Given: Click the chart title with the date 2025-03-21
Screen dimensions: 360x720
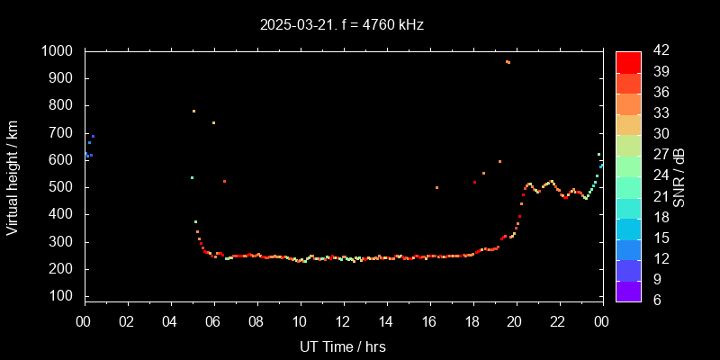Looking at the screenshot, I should pyautogui.click(x=341, y=25).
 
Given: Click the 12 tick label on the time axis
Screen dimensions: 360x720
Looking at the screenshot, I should pyautogui.click(x=342, y=321).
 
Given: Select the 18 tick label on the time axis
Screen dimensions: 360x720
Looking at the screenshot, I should pyautogui.click(x=472, y=321).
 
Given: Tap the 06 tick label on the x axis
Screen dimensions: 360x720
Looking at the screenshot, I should pyautogui.click(x=213, y=321).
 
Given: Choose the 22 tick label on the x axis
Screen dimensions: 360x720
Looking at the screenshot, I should pyautogui.click(x=558, y=321).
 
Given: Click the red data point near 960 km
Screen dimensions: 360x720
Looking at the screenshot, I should pyautogui.click(x=508, y=62).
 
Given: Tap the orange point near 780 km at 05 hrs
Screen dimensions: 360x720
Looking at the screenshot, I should pyautogui.click(x=193, y=111).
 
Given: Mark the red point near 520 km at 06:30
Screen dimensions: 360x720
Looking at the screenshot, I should pyautogui.click(x=224, y=181).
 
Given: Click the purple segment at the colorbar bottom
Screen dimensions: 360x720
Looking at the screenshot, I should pyautogui.click(x=628, y=291).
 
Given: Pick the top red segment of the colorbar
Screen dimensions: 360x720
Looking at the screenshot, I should pyautogui.click(x=628, y=61).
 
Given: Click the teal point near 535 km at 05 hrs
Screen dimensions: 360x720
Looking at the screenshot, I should pyautogui.click(x=192, y=177).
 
